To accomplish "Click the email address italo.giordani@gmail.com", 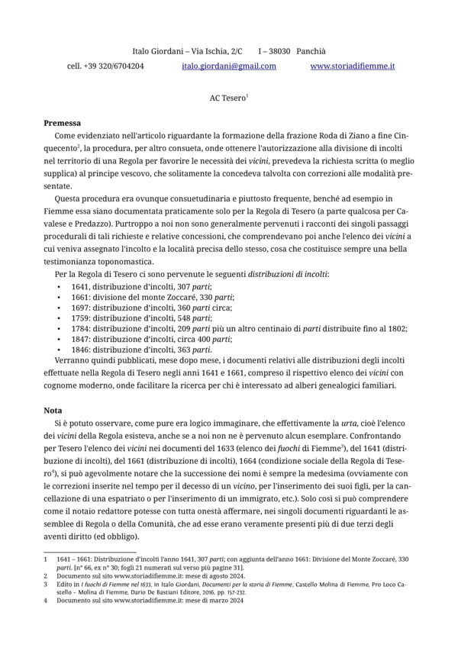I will point(229,66).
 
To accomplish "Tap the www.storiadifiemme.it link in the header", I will point(353,66).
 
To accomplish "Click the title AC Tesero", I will point(227,98).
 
